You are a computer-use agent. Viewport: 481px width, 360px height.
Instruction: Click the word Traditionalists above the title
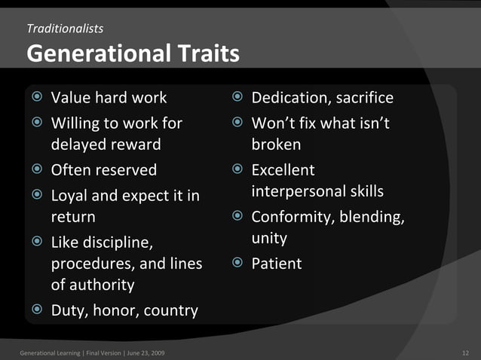coord(65,29)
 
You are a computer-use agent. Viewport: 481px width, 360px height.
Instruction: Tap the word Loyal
coord(72,196)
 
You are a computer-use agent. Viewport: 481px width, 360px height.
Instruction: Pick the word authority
coord(101,285)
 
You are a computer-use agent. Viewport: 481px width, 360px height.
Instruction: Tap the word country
coord(171,310)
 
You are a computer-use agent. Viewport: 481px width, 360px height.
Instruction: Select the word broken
coord(276,144)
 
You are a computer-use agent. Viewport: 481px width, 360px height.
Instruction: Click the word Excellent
coord(283,170)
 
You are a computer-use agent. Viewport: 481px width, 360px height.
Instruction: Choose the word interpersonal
coord(299,191)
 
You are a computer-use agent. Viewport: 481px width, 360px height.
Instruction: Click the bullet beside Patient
coord(237,264)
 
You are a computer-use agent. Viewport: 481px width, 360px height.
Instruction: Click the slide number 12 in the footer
coord(464,352)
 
